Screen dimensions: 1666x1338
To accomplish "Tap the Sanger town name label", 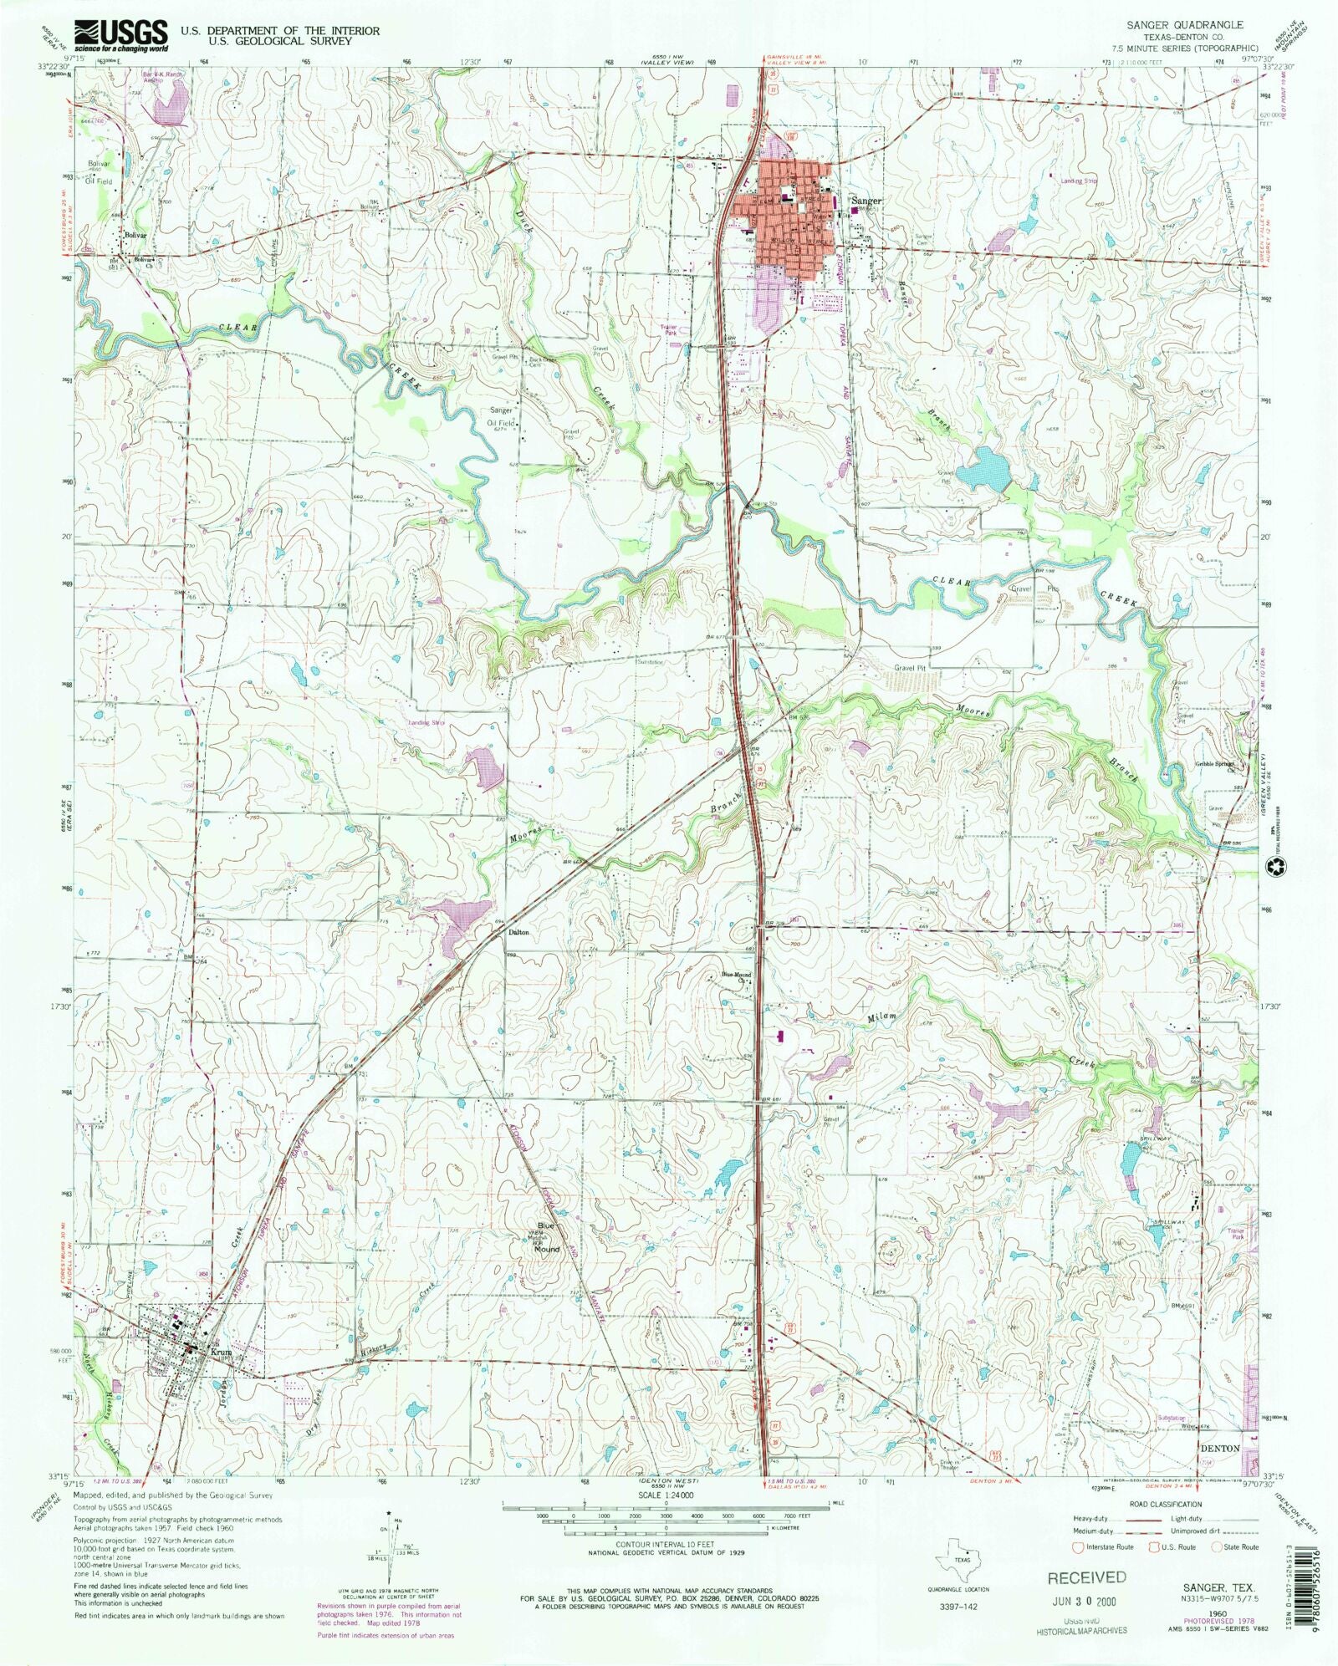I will [866, 201].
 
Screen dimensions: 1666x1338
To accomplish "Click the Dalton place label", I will [518, 933].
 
